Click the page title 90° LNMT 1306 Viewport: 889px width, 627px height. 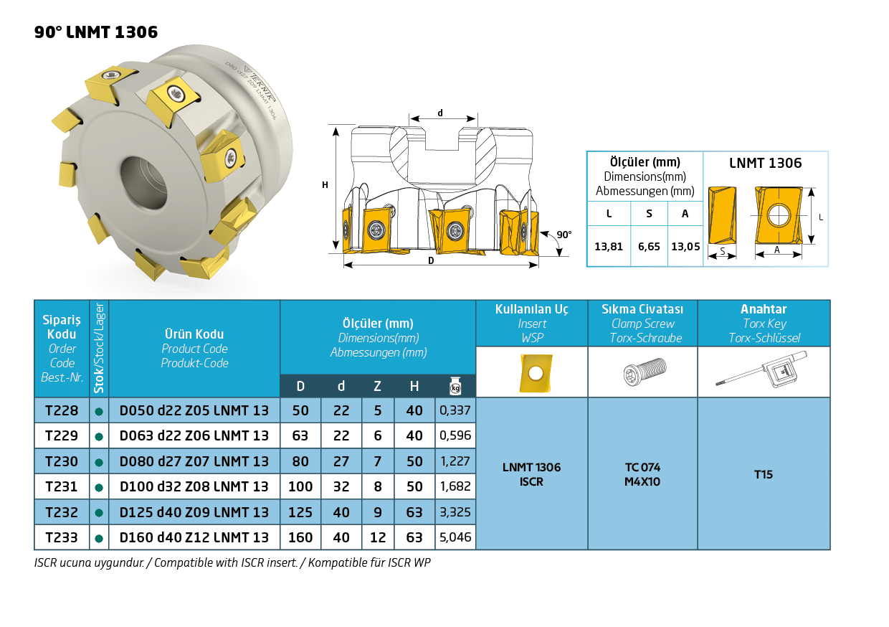(96, 32)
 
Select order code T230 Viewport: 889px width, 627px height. (62, 461)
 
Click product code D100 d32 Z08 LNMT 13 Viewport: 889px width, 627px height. (194, 486)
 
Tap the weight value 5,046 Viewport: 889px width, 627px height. (455, 537)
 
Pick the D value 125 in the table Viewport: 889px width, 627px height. (300, 512)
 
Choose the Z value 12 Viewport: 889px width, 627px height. (377, 537)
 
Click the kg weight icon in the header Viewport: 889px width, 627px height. (455, 386)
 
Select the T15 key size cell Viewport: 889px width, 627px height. (764, 474)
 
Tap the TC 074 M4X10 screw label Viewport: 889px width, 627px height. (642, 474)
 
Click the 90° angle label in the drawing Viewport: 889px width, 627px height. (564, 235)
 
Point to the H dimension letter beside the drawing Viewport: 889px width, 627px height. (325, 185)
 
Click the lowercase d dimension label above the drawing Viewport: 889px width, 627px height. (440, 113)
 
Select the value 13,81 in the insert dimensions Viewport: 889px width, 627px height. (609, 246)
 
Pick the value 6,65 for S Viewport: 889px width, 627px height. (649, 246)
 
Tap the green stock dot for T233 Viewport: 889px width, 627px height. (99, 538)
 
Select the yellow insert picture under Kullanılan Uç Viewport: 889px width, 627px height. (531, 372)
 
